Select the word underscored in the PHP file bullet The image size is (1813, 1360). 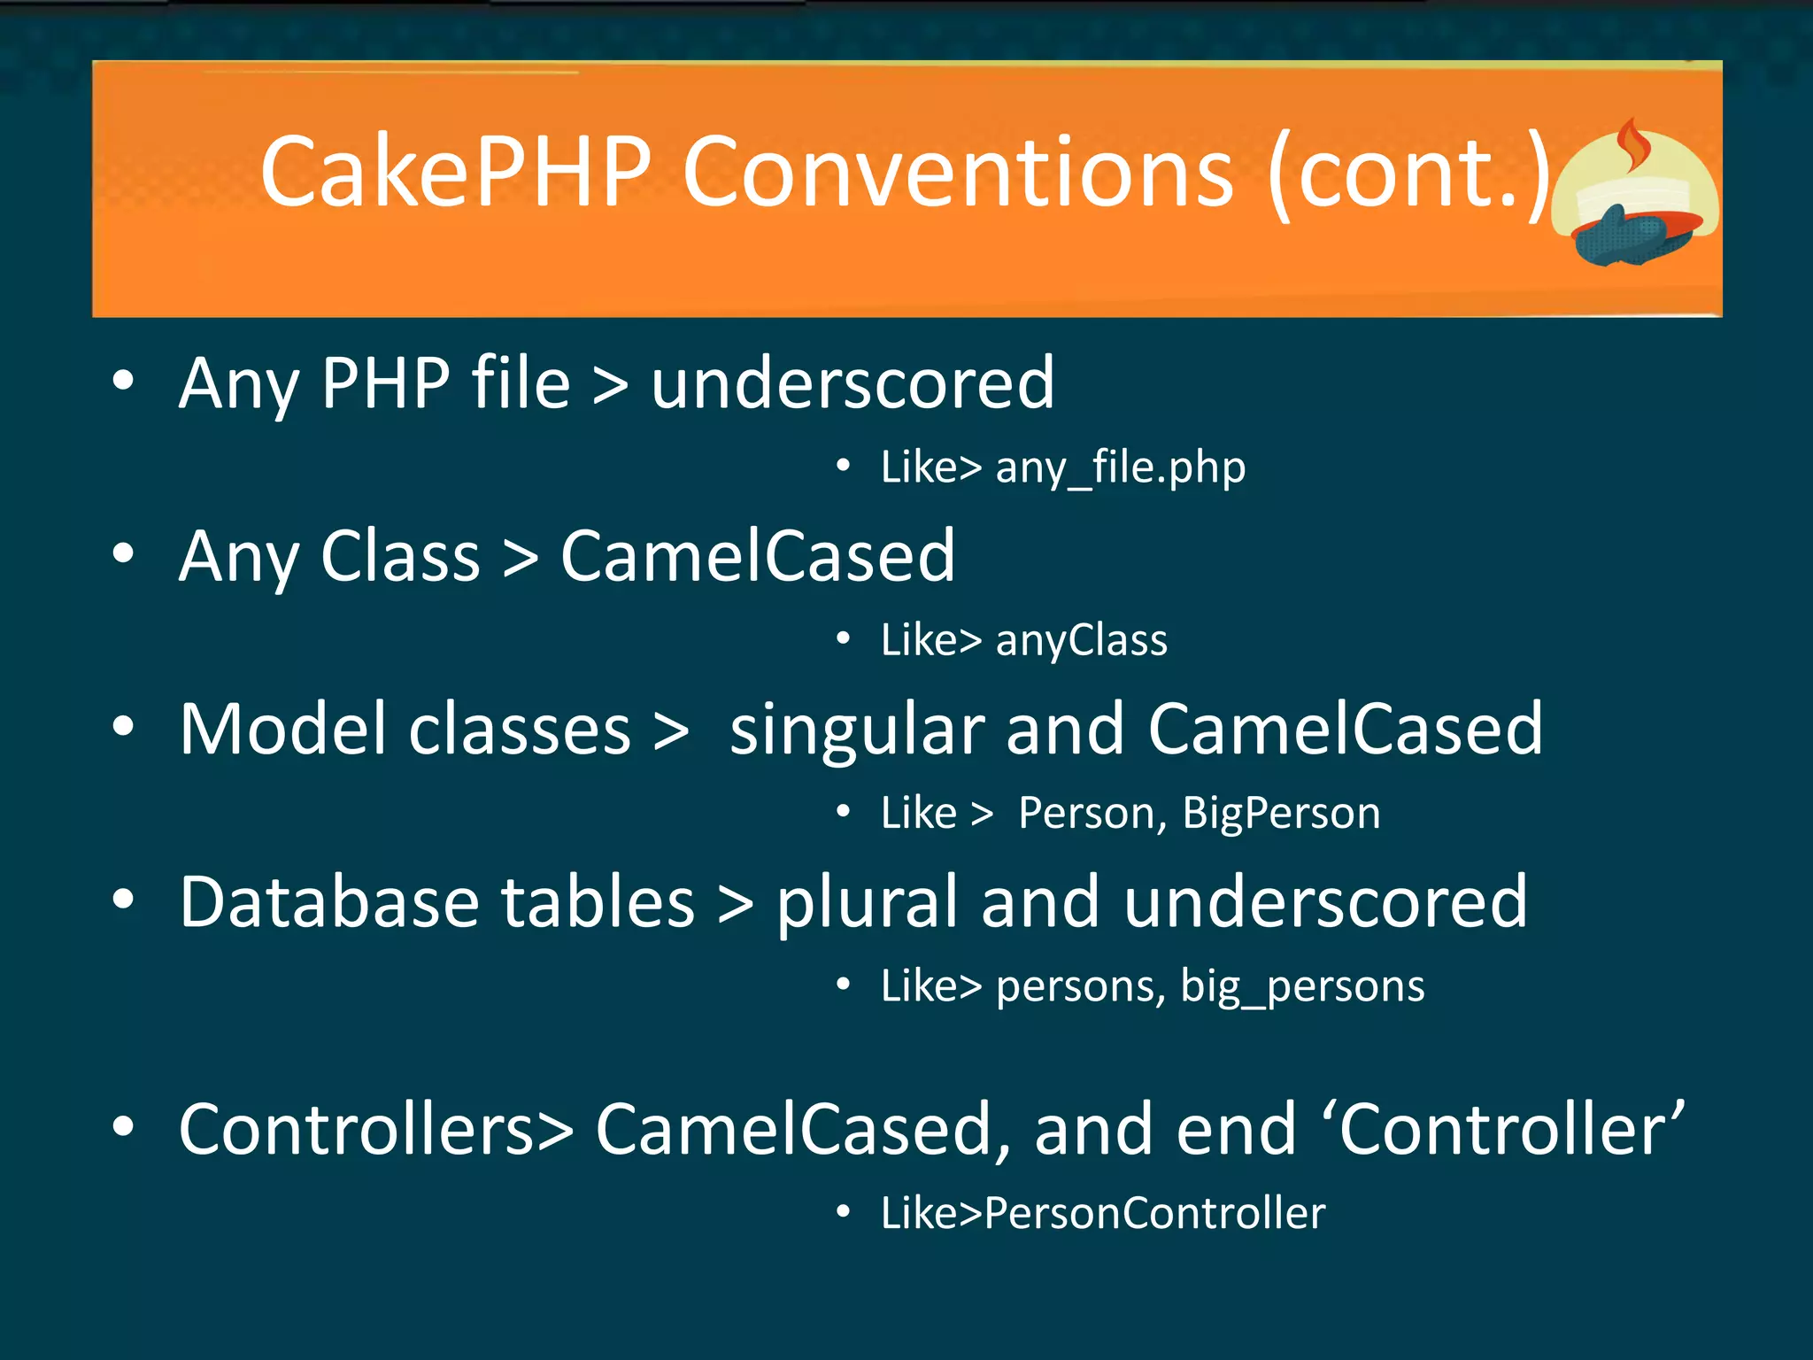click(852, 383)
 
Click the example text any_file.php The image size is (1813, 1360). click(1120, 467)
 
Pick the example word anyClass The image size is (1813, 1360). click(1081, 640)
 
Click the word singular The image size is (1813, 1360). click(856, 730)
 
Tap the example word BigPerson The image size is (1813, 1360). click(1281, 813)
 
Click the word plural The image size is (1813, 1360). click(867, 903)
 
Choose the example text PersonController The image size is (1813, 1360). click(1154, 1212)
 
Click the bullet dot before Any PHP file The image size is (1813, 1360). click(123, 382)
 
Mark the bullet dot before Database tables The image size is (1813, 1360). click(123, 900)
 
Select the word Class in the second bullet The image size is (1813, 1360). click(400, 556)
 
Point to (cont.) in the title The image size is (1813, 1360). click(1408, 173)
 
